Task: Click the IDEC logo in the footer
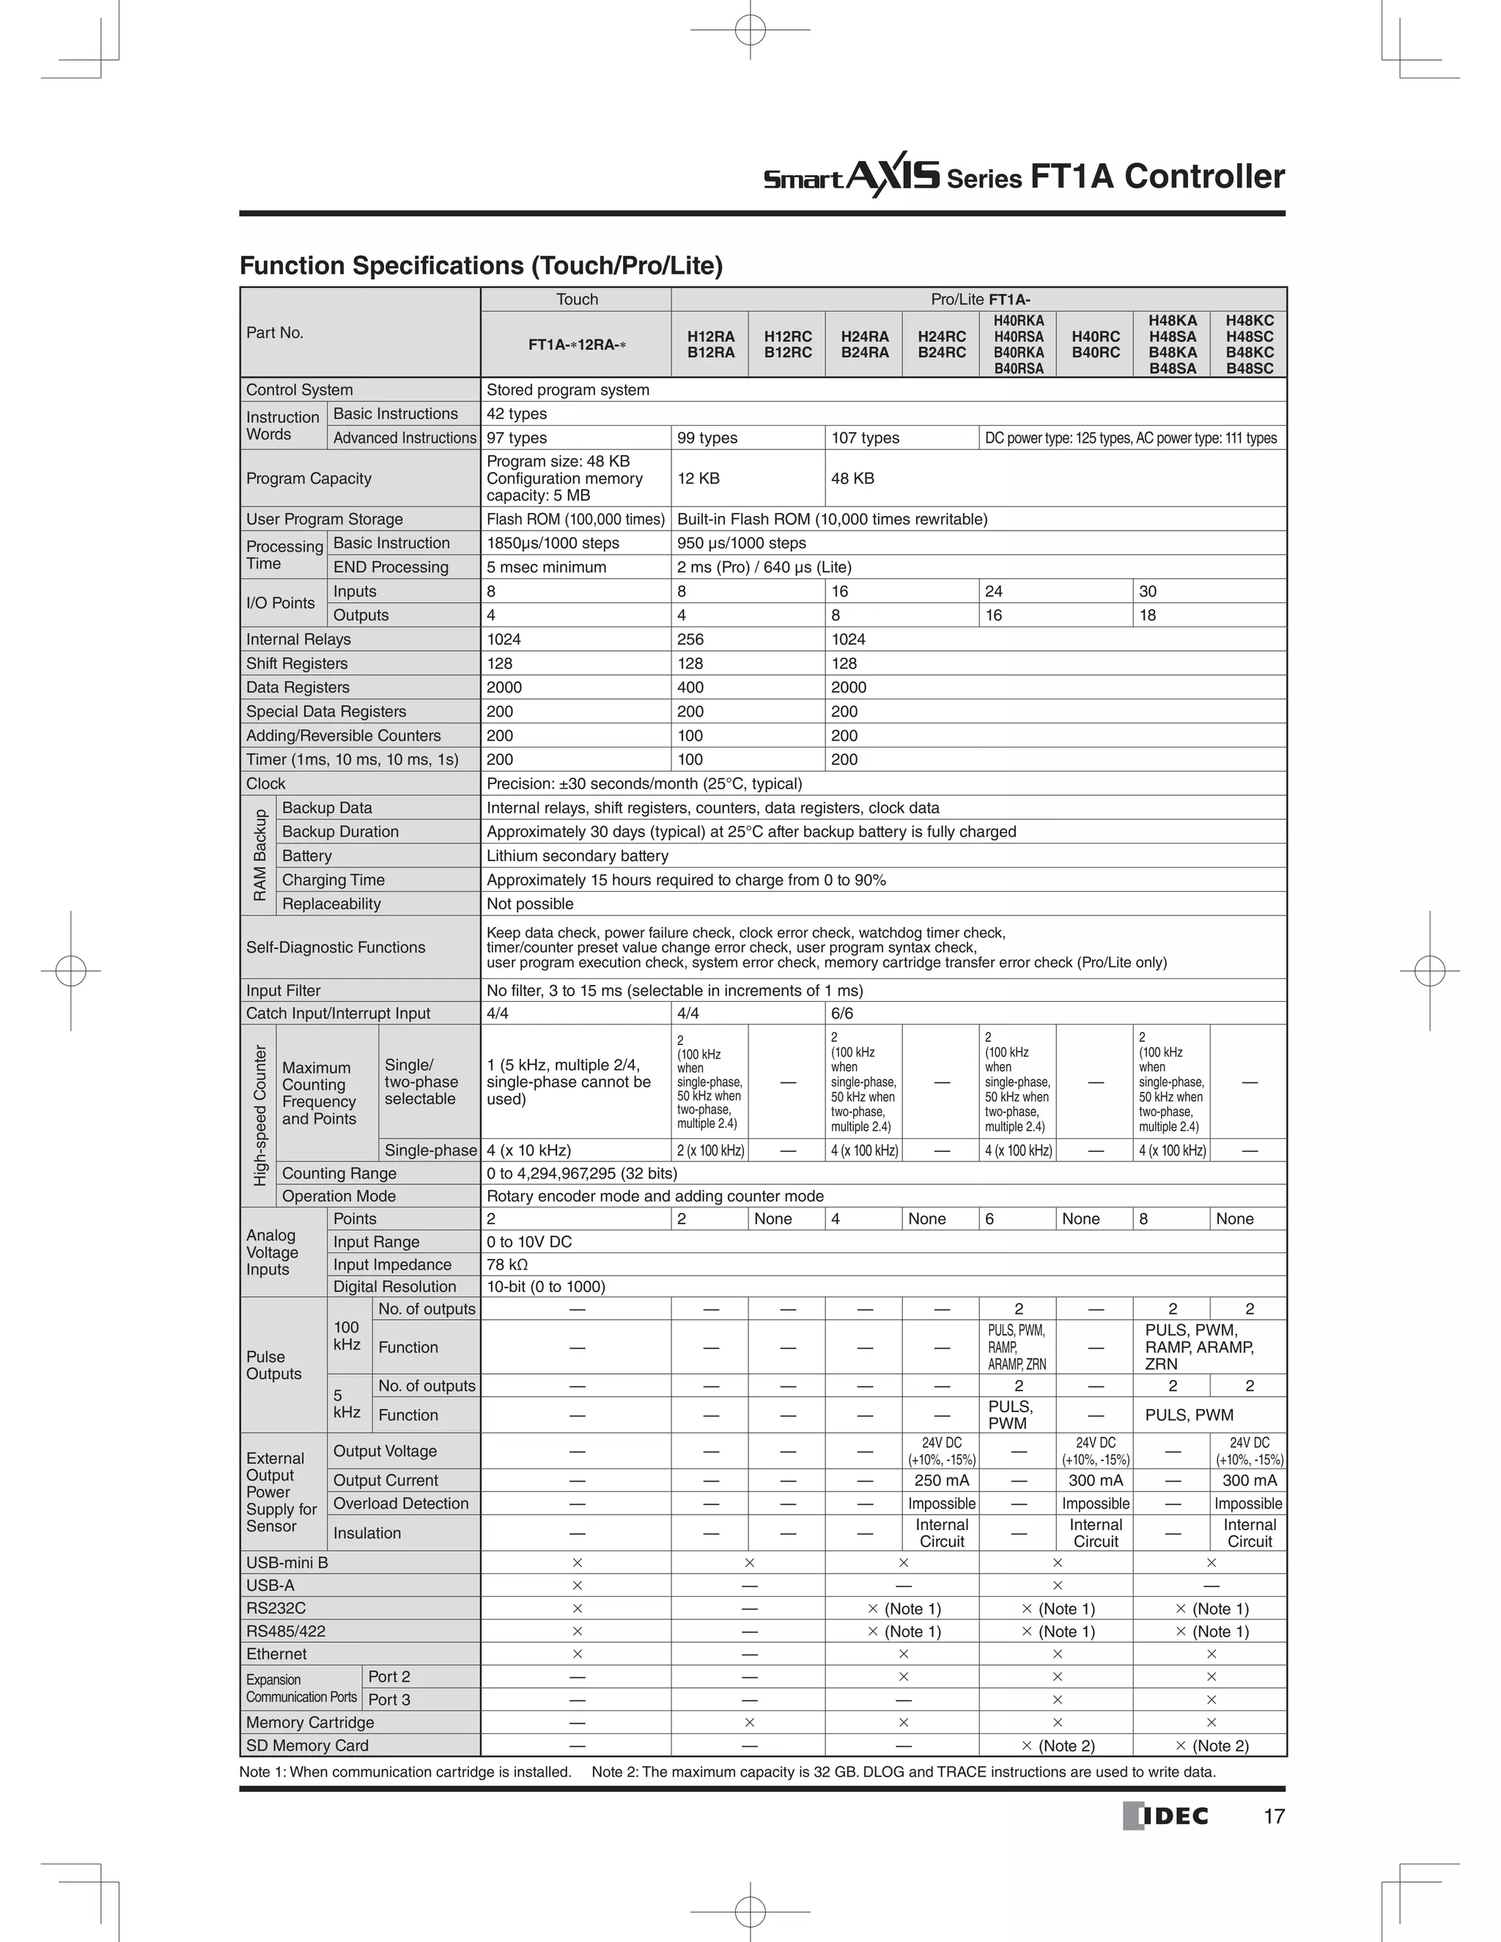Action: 1165,1816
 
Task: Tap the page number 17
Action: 1273,1817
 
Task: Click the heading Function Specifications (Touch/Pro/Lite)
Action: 481,266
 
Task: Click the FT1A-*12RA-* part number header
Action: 576,345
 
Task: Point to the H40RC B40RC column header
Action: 1095,345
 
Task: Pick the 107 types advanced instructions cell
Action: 866,438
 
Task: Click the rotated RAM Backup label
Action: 259,855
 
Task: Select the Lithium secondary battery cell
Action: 577,856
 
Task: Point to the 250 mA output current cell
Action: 942,1480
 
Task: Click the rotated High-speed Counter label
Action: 259,1116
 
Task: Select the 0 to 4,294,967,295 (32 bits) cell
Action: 581,1174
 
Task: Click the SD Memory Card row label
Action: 307,1746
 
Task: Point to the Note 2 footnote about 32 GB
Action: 902,1772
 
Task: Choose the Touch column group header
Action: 576,300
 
